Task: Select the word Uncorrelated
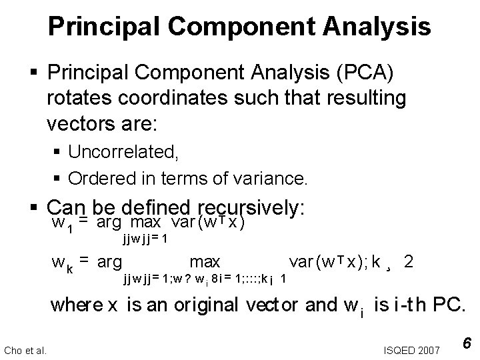tap(123, 152)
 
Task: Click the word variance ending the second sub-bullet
tap(275, 178)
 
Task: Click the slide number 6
tap(468, 343)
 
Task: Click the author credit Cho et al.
tap(25, 349)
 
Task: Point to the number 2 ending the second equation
tap(409, 262)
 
